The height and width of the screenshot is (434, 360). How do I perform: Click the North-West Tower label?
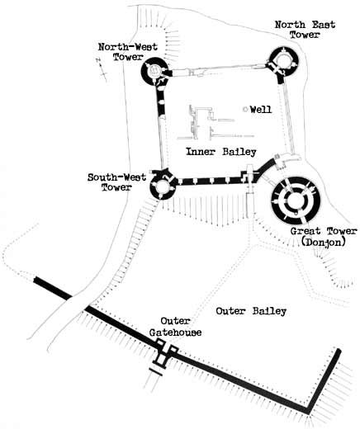128,52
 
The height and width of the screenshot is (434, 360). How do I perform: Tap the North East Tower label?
305,30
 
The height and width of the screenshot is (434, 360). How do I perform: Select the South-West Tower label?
116,182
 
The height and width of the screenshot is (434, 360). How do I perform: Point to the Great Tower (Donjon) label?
324,237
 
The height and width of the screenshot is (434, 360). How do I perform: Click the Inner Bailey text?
221,152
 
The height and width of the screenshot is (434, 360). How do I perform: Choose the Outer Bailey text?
251,311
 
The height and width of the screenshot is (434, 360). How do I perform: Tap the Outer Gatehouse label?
175,327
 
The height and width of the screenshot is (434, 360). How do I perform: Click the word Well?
261,110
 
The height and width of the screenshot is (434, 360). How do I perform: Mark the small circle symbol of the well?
245,110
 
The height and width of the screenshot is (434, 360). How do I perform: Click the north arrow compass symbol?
102,69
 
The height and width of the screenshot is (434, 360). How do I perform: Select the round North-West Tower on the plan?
154,71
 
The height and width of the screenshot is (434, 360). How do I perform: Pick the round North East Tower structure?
283,61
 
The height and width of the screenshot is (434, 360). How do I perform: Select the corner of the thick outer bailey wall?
308,411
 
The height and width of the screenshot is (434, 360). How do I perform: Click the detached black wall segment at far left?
53,288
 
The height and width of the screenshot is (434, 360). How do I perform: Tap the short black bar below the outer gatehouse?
155,372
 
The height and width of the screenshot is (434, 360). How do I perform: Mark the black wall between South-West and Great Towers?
211,181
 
